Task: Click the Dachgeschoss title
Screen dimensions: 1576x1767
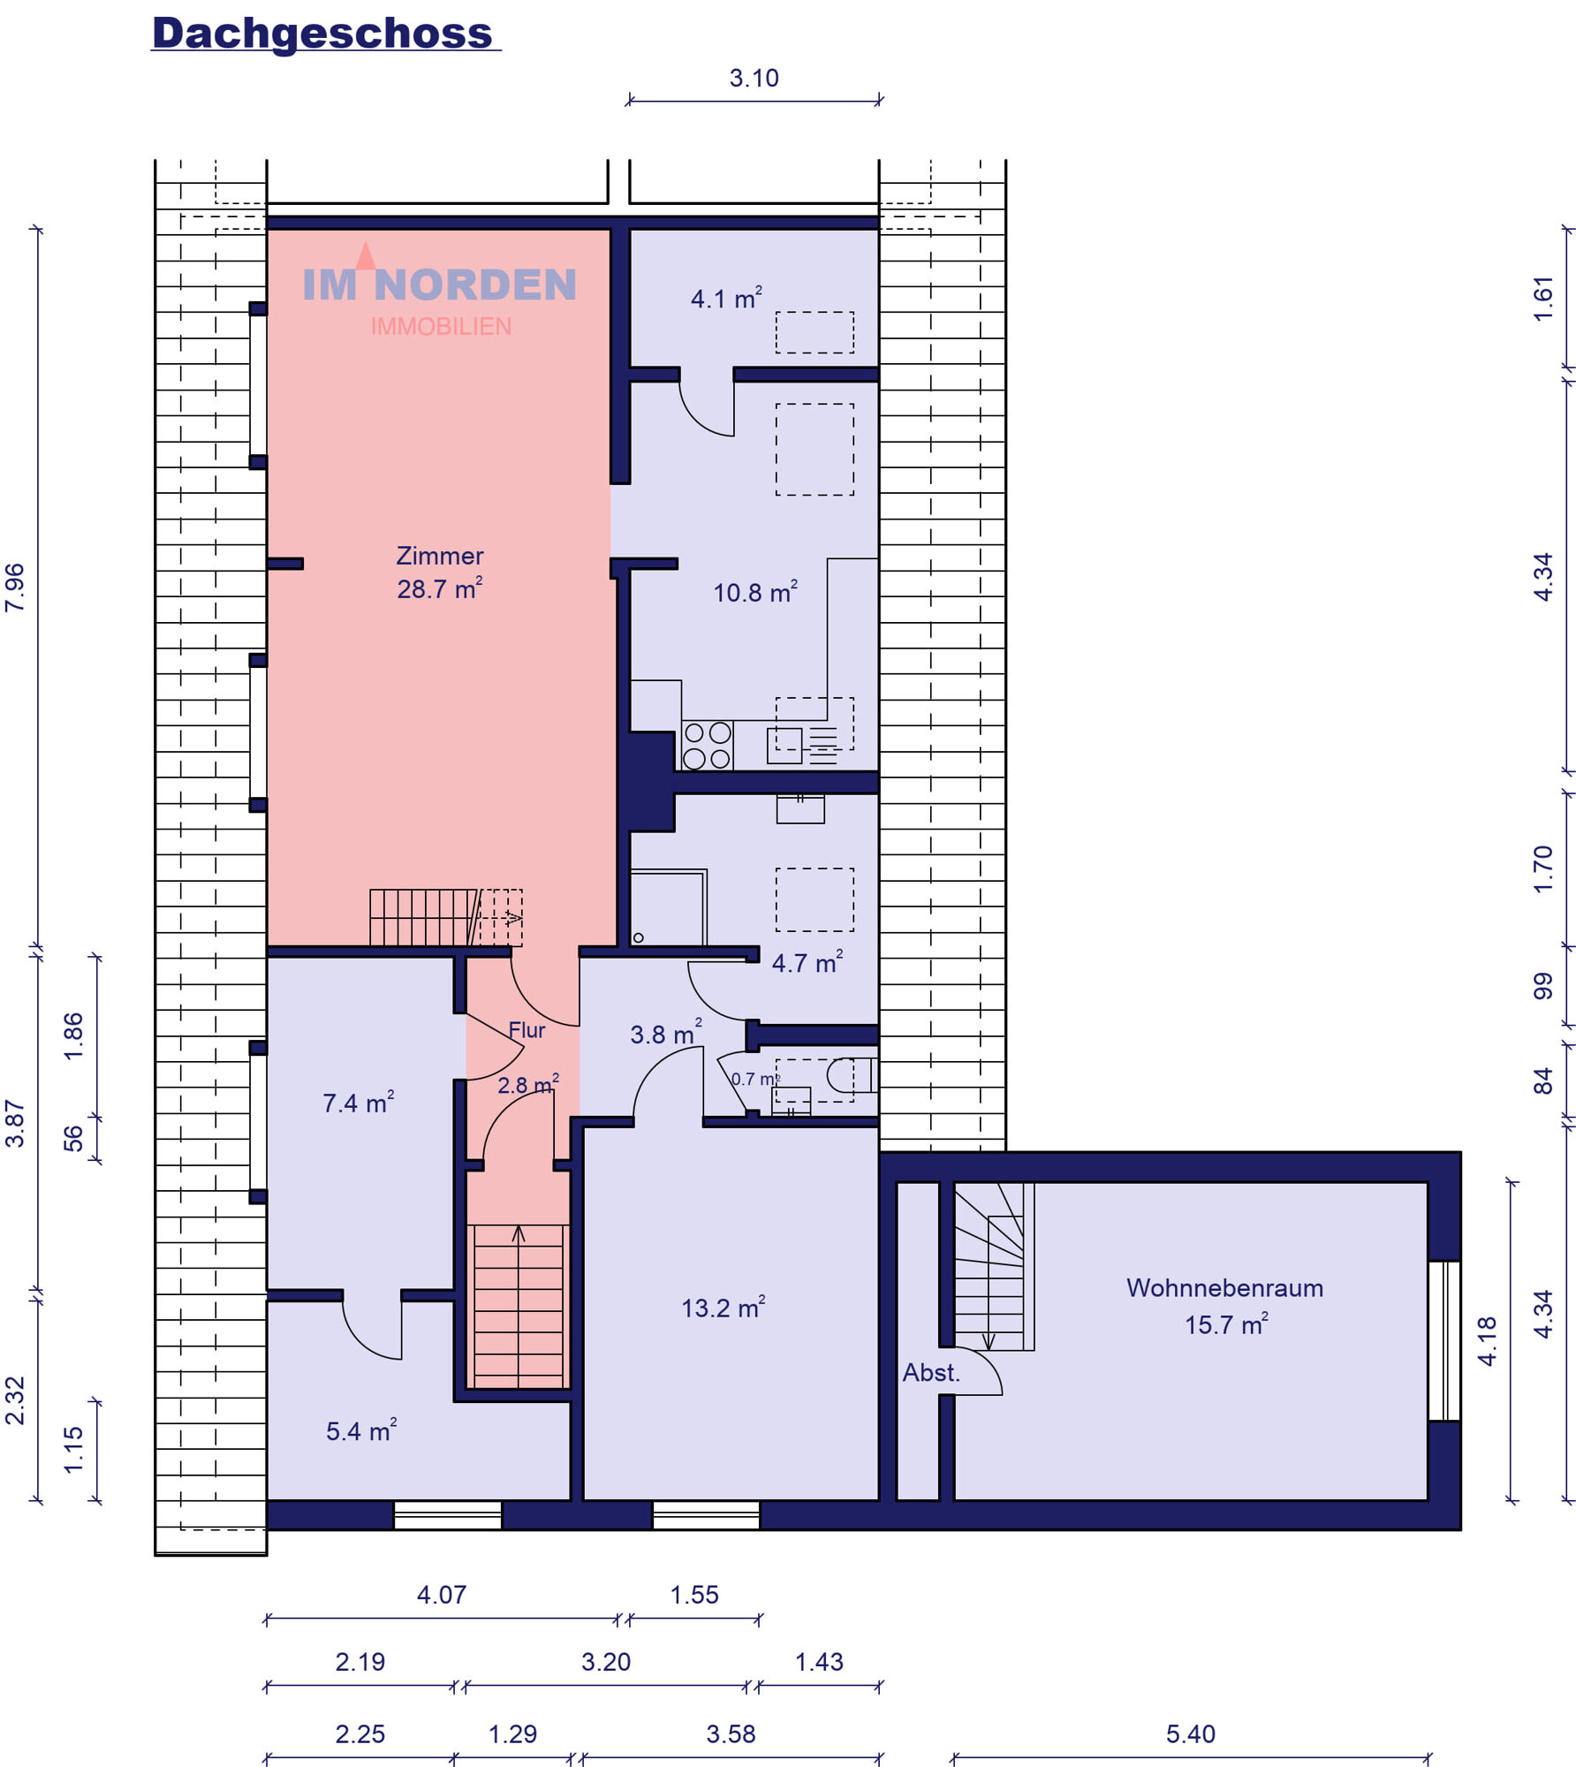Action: tap(322, 34)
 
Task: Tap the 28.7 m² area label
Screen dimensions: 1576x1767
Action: tap(439, 588)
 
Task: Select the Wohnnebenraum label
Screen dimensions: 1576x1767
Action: tap(1224, 1288)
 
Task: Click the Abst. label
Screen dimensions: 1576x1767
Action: tap(931, 1373)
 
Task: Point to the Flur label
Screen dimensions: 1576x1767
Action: tap(527, 1030)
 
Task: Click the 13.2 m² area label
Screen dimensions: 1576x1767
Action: tap(723, 1308)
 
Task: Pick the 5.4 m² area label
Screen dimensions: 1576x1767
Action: tap(361, 1430)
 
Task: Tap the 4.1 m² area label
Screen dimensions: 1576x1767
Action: tap(726, 298)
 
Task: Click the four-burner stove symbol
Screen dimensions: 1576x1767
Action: tap(708, 746)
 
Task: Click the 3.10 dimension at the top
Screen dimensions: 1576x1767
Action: tap(754, 79)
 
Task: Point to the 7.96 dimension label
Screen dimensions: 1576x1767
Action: tap(16, 588)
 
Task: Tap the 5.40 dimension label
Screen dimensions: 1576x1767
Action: tap(1190, 1733)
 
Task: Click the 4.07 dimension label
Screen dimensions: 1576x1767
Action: tap(441, 1594)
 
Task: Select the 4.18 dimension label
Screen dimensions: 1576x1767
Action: tap(1488, 1341)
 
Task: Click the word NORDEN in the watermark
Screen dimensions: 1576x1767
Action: tap(475, 284)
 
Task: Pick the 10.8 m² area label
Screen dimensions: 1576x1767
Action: tap(755, 592)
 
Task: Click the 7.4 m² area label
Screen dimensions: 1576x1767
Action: tap(358, 1103)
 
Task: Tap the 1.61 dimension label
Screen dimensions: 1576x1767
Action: tap(1542, 299)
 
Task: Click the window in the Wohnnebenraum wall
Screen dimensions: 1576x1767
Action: tap(1444, 1340)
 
